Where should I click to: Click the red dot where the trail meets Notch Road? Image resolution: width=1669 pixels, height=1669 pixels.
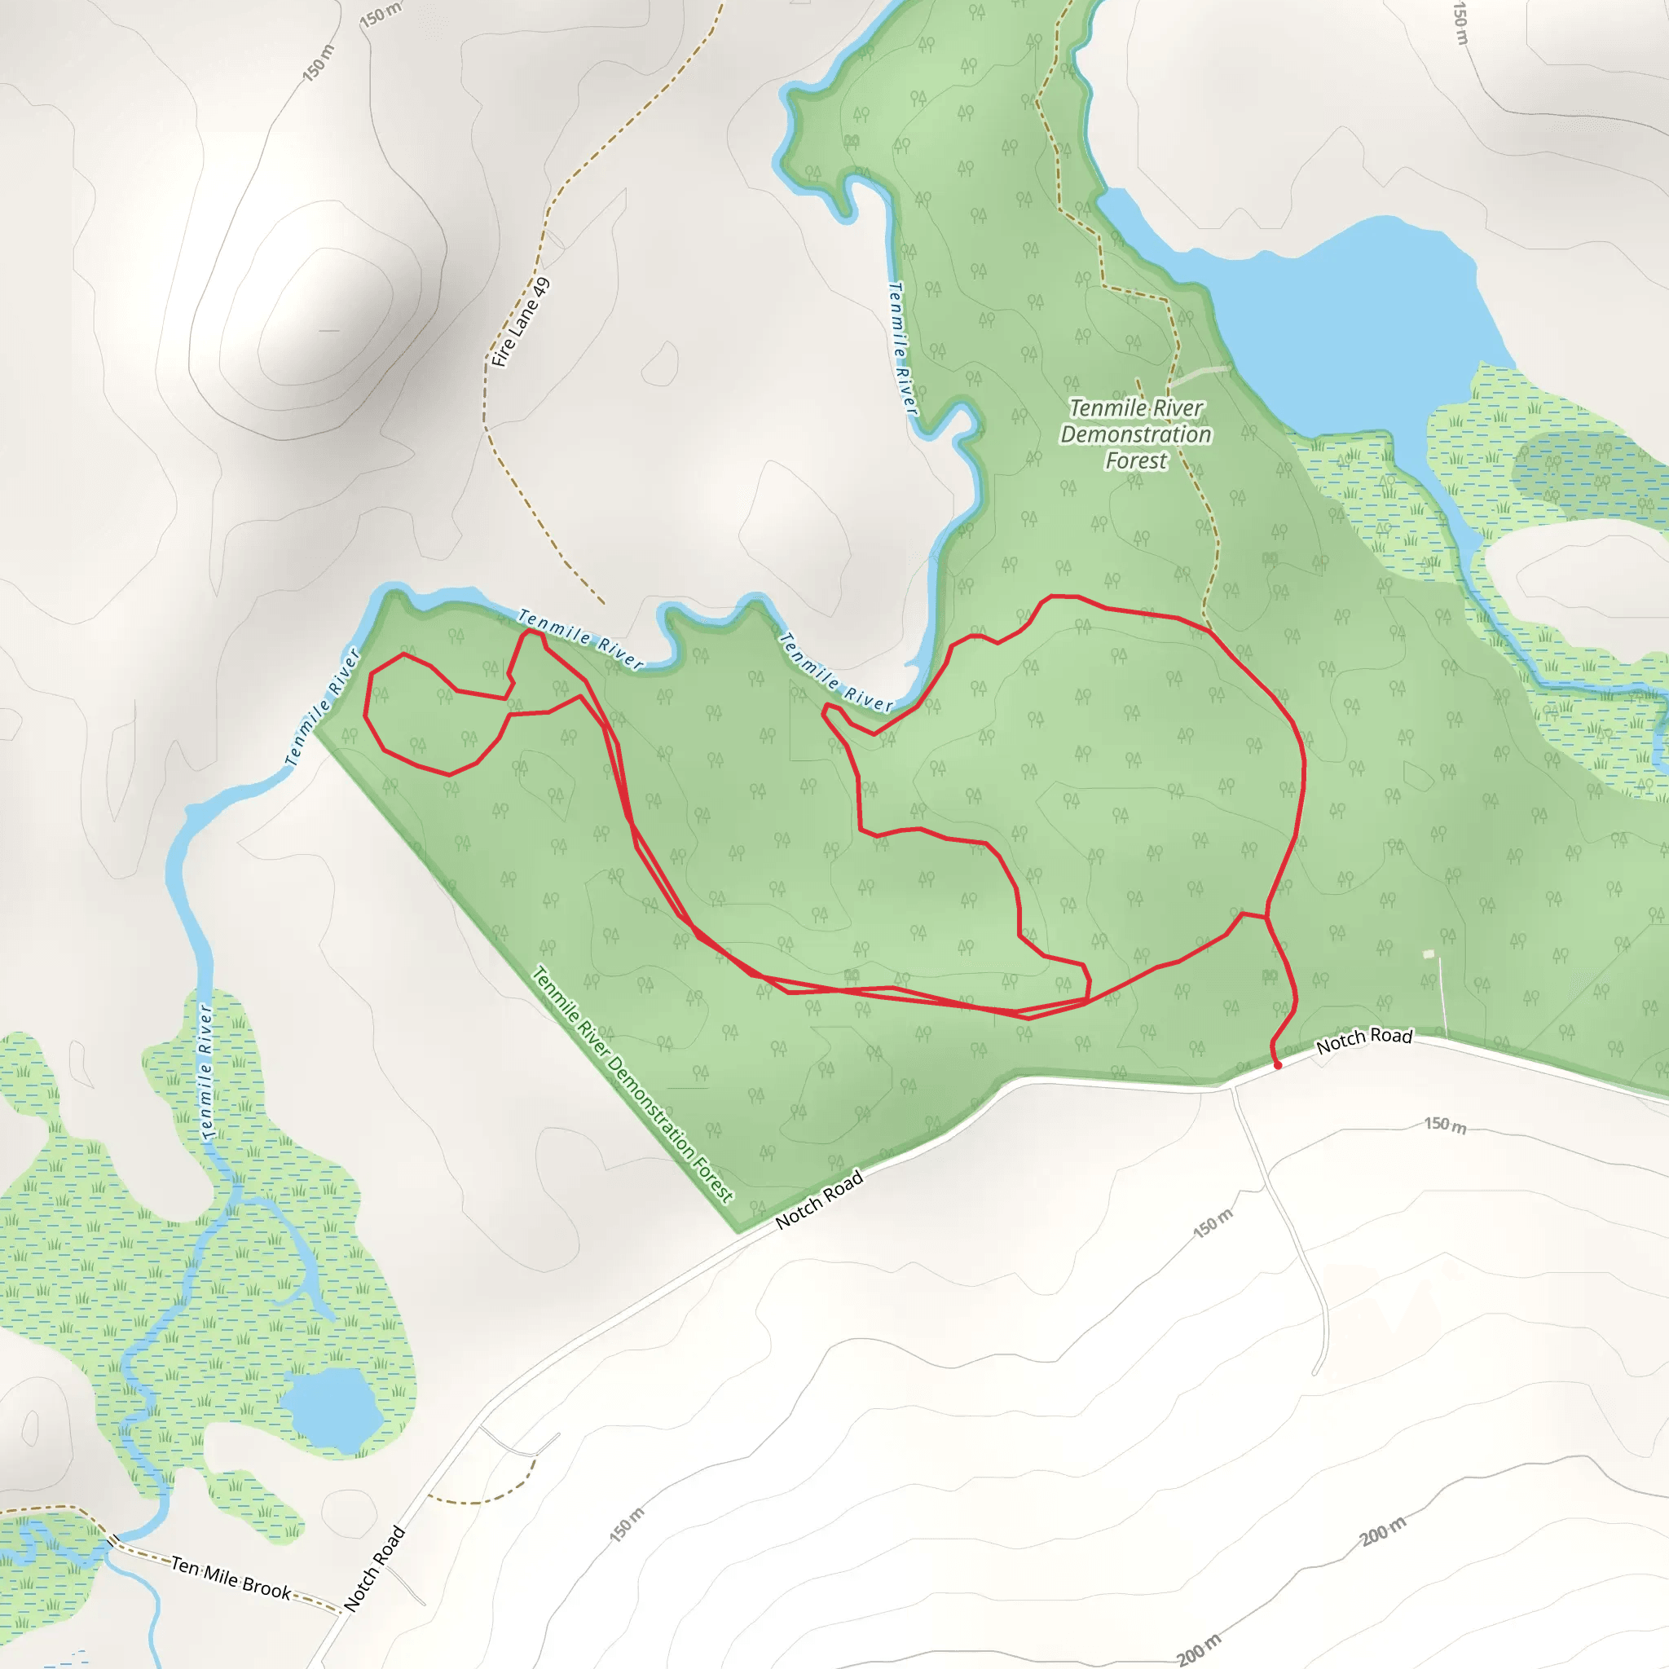[x=1278, y=1065]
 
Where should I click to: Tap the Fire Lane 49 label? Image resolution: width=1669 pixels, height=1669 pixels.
[x=520, y=323]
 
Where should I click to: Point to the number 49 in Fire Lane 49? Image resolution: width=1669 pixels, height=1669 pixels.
[x=540, y=288]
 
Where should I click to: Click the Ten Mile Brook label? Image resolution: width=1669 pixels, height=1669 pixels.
[x=231, y=1577]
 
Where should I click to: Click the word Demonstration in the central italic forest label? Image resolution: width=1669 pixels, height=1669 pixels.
[x=1136, y=434]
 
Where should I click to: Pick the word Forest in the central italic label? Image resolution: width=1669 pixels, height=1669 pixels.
[x=1136, y=461]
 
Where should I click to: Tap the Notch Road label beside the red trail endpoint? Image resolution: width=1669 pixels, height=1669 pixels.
[x=1364, y=1040]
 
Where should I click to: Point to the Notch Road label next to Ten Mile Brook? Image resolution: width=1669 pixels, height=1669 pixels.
[x=374, y=1569]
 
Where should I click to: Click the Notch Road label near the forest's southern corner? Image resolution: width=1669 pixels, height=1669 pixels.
[x=819, y=1199]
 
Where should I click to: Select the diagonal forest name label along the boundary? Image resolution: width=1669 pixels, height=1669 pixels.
[x=632, y=1084]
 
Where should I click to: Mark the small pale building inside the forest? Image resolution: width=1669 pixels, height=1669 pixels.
[x=1428, y=953]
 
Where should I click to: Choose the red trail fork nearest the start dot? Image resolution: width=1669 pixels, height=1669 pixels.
[x=1266, y=916]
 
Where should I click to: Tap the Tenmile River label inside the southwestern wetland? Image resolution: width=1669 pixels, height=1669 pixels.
[x=205, y=1071]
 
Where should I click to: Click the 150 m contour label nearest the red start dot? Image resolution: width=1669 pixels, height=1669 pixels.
[x=1445, y=1125]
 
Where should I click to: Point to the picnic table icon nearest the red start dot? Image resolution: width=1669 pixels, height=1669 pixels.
[x=1269, y=975]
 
